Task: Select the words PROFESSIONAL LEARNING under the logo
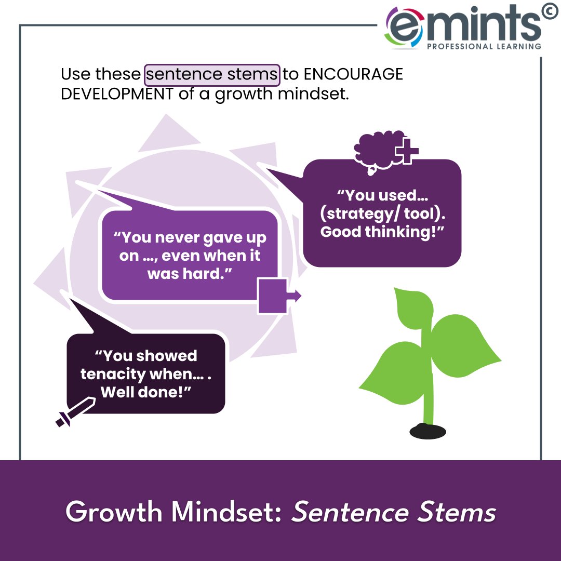point(484,46)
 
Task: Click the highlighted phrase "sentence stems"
point(212,74)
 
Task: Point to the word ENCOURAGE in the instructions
point(353,74)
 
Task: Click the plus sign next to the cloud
point(407,152)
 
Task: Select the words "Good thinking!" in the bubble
point(383,232)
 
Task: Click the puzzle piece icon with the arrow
point(275,297)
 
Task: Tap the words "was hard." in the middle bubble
point(189,274)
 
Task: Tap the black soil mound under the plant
point(428,431)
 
